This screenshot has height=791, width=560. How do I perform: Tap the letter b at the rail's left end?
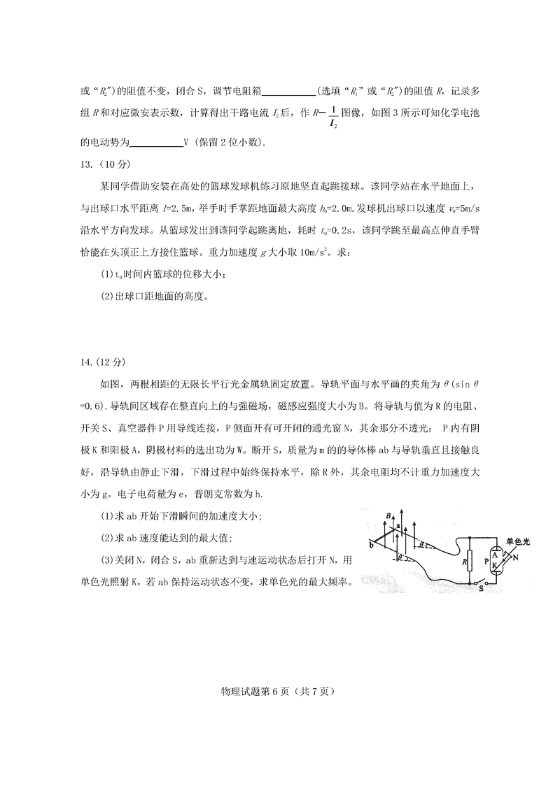click(x=370, y=543)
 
